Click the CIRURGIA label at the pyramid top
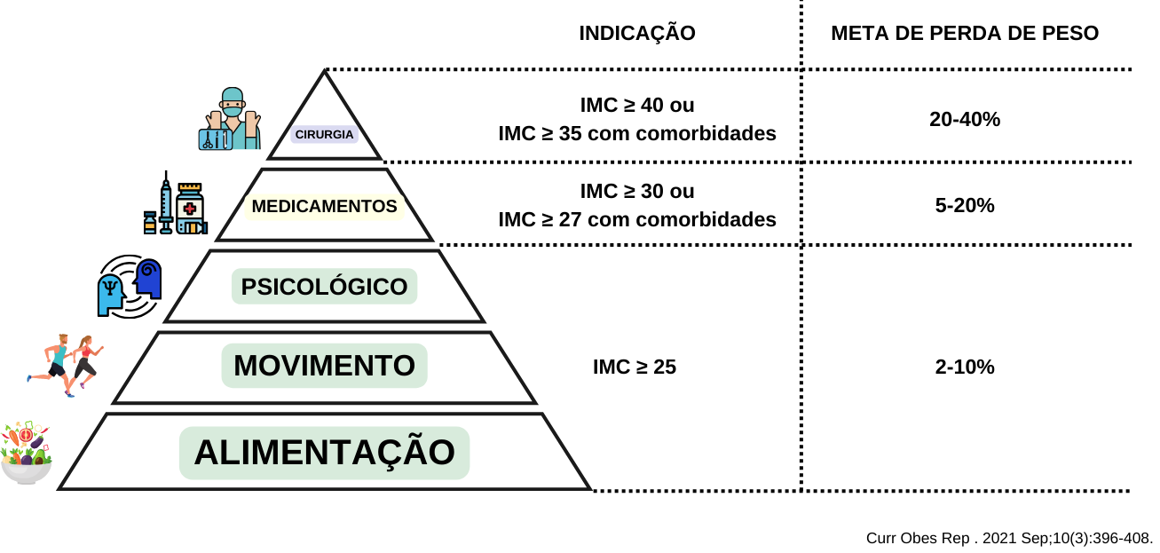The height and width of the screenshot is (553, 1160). [x=324, y=135]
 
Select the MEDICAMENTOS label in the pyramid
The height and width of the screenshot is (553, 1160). [x=324, y=206]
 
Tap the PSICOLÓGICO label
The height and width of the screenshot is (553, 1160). [x=324, y=287]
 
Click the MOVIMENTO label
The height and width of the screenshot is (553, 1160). [x=324, y=366]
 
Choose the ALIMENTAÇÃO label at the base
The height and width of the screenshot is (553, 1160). [x=324, y=453]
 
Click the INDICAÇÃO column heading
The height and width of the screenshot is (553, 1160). [x=637, y=34]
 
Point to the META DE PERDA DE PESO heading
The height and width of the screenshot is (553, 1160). [x=965, y=34]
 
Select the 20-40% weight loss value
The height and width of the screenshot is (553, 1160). [x=965, y=119]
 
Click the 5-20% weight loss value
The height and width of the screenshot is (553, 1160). [x=965, y=205]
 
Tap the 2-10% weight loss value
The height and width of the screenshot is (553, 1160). [x=965, y=367]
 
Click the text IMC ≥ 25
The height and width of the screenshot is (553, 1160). [x=635, y=367]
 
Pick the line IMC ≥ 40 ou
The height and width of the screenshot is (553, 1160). [x=637, y=106]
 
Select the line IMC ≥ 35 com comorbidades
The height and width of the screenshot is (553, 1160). [x=637, y=134]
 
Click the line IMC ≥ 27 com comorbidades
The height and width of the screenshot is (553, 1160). [x=637, y=219]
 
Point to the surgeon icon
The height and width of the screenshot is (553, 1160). [x=230, y=119]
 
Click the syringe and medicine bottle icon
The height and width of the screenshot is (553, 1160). [x=176, y=205]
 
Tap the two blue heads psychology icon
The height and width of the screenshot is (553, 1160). [x=130, y=286]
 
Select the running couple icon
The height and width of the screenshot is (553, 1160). [x=67, y=364]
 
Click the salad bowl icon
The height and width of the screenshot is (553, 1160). [x=27, y=453]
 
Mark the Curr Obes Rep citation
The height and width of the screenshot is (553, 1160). [x=1009, y=538]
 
